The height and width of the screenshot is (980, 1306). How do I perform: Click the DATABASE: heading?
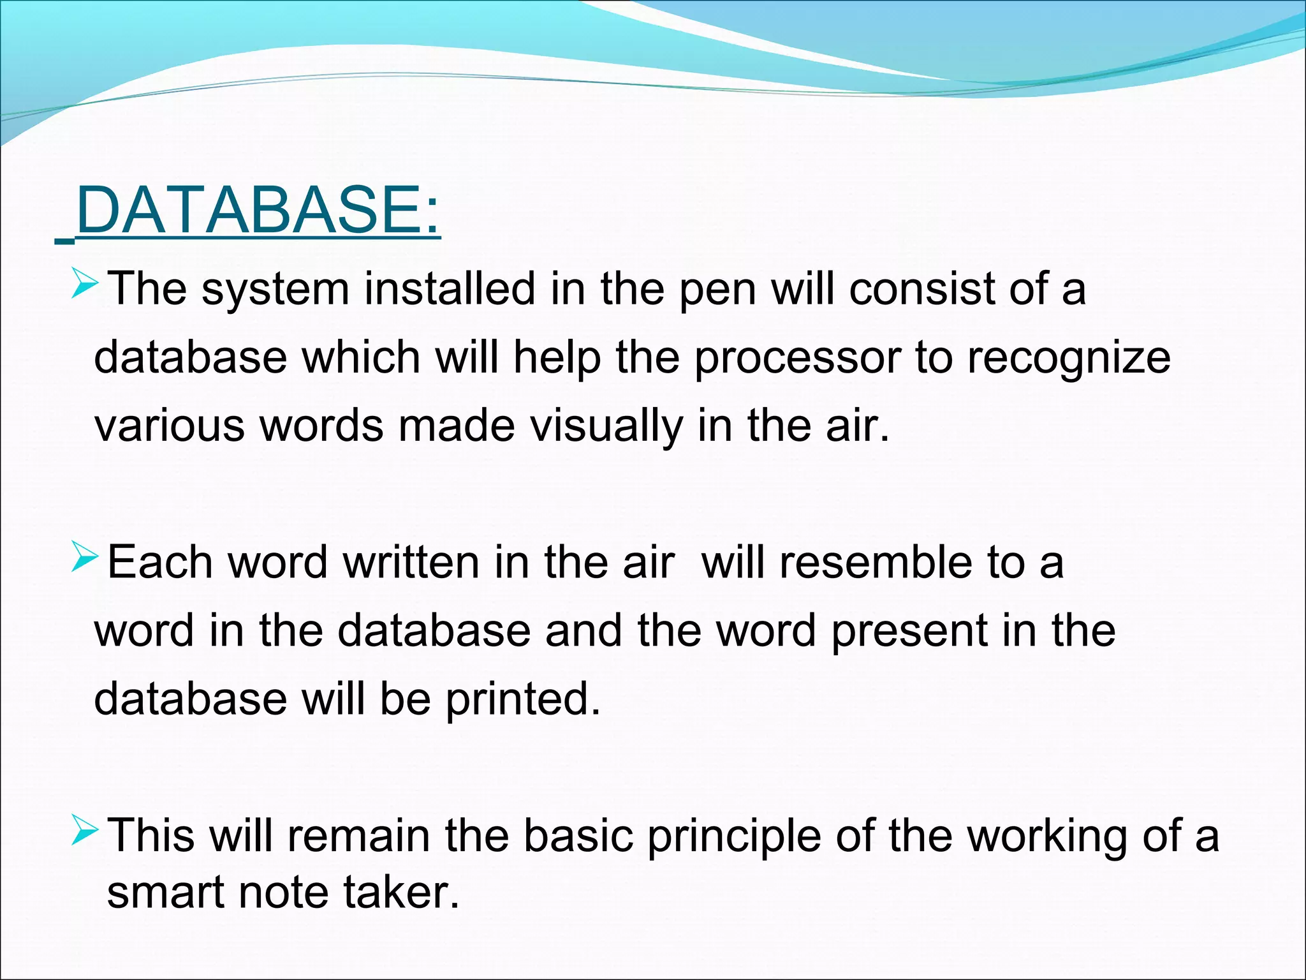pyautogui.click(x=257, y=211)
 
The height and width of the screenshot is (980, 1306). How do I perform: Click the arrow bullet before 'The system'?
pyautogui.click(x=85, y=283)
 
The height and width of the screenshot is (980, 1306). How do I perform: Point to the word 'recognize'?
pyautogui.click(x=1069, y=359)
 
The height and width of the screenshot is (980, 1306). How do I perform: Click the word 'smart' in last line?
pyautogui.click(x=165, y=892)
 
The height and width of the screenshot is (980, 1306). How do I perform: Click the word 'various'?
pyautogui.click(x=169, y=426)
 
